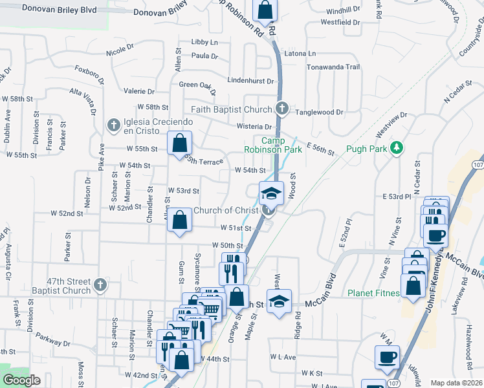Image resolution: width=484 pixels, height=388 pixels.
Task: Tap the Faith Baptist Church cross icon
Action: click(x=281, y=108)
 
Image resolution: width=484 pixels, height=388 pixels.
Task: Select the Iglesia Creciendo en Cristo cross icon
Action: click(x=113, y=124)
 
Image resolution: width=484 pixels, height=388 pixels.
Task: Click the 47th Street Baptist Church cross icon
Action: click(x=100, y=284)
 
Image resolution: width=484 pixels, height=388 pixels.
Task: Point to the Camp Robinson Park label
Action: click(x=282, y=145)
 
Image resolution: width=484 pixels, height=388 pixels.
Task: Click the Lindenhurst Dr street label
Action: click(x=251, y=81)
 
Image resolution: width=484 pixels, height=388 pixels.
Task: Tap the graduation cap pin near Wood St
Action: click(x=272, y=193)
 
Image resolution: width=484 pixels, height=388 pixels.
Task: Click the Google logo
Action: click(x=21, y=380)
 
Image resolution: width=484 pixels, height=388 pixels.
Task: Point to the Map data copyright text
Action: click(x=457, y=383)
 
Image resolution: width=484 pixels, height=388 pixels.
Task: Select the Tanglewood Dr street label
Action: click(x=319, y=112)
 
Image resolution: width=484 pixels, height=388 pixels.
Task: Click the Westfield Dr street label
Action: click(x=340, y=22)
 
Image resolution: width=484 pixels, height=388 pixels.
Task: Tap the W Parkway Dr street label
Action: click(x=53, y=337)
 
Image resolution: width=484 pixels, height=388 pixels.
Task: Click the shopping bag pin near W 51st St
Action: click(x=181, y=219)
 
